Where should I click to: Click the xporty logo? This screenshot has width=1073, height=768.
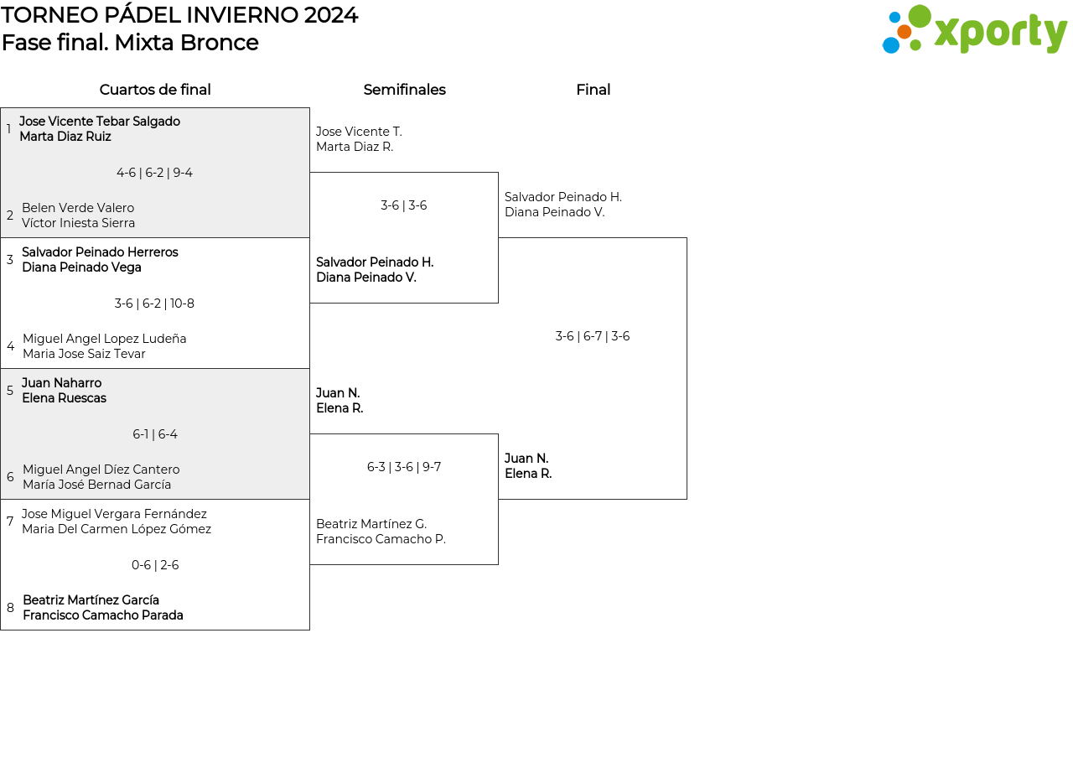(974, 29)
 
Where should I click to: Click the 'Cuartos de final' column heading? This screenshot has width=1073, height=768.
(155, 90)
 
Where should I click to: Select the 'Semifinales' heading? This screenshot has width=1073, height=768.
(404, 90)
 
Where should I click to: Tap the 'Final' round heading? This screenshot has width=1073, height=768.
(593, 90)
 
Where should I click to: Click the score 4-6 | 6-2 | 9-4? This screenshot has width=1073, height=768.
(155, 173)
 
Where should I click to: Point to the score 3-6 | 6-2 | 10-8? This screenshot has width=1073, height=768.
(155, 304)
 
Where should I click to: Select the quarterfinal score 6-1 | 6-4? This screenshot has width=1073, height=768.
(155, 434)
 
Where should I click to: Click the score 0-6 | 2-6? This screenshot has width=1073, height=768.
(155, 565)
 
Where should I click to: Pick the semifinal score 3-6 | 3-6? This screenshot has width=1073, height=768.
(404, 205)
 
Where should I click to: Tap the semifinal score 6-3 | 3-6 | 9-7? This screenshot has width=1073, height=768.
(404, 467)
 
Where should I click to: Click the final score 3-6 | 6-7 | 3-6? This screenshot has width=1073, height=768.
(593, 336)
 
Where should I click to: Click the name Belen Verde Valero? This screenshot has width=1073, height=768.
(78, 208)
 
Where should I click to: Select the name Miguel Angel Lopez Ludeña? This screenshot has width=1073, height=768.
(105, 339)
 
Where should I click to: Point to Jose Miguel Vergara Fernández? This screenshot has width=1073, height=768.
(114, 514)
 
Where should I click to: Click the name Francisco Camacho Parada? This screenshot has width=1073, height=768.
(103, 615)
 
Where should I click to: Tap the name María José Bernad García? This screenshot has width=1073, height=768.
(96, 485)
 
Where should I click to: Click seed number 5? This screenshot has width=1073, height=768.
(9, 391)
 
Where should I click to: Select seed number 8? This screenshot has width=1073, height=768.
(10, 608)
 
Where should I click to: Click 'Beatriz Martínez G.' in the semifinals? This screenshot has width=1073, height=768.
(371, 524)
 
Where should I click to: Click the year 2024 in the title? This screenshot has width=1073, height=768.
(330, 15)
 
